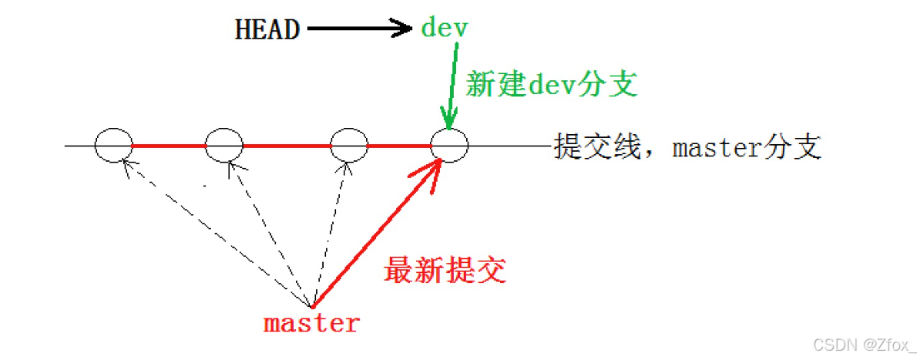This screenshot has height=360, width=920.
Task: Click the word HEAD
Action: tap(267, 29)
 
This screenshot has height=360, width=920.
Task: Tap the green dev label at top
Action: tap(444, 29)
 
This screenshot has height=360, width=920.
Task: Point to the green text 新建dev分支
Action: tap(552, 84)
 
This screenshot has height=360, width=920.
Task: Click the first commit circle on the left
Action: tap(114, 144)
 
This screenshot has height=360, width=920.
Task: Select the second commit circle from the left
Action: tap(224, 144)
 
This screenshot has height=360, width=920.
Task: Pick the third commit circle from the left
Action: tap(348, 144)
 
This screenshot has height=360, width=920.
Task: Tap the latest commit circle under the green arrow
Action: tap(450, 144)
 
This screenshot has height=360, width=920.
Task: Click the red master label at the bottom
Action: tap(311, 323)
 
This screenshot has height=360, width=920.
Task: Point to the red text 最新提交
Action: tap(445, 271)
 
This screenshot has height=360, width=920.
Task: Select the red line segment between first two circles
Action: tap(170, 145)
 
